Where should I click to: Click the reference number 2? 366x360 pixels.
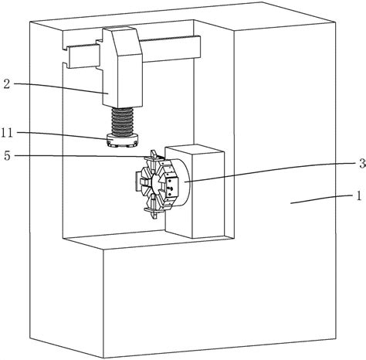tap(7, 84)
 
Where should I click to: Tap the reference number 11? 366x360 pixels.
tap(7, 133)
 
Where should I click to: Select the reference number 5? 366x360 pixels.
tap(7, 156)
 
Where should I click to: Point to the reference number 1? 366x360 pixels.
tap(358, 196)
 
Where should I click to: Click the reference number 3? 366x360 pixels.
tap(363, 163)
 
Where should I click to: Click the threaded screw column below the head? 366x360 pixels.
tap(123, 121)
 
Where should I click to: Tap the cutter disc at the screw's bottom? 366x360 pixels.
tap(123, 141)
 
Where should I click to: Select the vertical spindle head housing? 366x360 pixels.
tap(123, 67)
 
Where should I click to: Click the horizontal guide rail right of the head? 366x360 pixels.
tap(171, 49)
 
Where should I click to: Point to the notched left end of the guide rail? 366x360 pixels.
tap(68, 57)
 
